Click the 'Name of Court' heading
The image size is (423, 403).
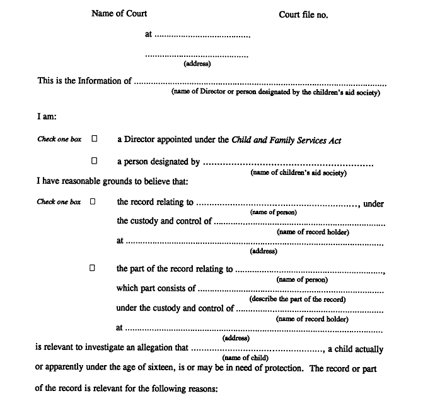click(x=119, y=13)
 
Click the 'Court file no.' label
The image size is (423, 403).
click(x=303, y=15)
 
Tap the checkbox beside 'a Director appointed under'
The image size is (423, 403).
click(x=95, y=139)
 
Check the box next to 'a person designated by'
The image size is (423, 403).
click(x=95, y=161)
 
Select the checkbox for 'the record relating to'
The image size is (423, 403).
click(x=92, y=202)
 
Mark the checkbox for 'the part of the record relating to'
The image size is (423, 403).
click(x=92, y=268)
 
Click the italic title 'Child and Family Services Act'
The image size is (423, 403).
click(x=287, y=140)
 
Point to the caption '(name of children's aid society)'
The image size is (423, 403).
click(x=298, y=172)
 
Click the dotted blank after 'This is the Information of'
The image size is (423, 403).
click(x=260, y=81)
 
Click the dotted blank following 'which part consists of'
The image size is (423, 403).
click(x=291, y=289)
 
